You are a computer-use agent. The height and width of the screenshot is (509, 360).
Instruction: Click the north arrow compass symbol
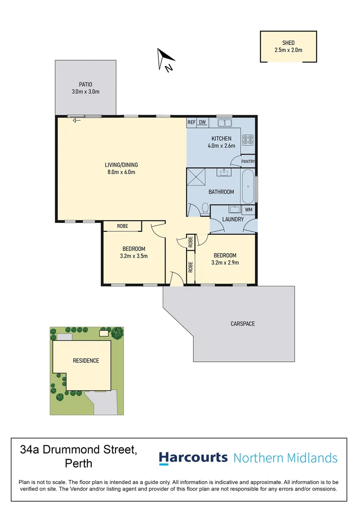165,60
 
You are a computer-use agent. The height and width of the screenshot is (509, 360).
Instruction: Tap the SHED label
288,43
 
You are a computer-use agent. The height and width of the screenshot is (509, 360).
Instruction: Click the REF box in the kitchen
191,123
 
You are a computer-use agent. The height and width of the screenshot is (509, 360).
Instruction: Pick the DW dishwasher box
203,123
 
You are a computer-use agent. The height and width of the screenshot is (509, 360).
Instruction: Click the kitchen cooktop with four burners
247,140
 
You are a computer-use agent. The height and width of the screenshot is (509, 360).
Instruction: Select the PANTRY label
248,162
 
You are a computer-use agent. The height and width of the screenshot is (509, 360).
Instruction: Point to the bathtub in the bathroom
248,187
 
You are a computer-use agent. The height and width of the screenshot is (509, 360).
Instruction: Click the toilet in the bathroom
205,208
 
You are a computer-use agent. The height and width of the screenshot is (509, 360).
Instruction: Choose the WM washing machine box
249,209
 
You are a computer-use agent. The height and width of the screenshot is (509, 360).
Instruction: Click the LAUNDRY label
233,220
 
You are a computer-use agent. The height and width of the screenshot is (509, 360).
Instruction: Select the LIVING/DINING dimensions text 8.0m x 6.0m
121,172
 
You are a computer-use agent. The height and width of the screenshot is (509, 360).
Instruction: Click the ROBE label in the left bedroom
123,226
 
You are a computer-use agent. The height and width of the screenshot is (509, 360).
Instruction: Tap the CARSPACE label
243,324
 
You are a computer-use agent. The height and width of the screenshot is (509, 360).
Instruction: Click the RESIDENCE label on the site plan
86,361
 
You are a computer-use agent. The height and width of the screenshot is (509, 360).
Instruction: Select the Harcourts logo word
193,458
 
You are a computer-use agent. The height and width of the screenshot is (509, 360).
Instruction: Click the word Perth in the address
78,463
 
